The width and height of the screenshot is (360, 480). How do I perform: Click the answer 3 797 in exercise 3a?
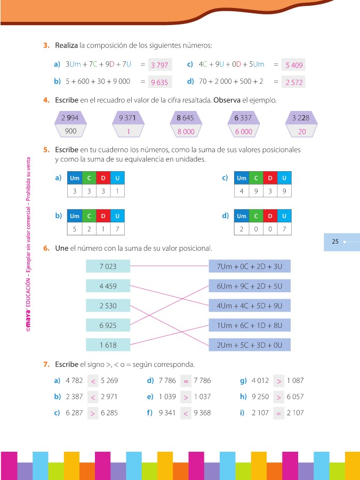tap(159, 65)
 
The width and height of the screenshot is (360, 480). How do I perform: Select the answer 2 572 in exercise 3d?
tap(294, 82)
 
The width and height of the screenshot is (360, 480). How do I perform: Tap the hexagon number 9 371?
tap(129, 118)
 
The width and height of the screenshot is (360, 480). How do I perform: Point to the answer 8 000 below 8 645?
tap(186, 131)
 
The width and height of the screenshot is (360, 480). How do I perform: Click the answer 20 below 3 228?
tap(302, 131)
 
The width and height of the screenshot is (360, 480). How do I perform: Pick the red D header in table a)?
tap(103, 178)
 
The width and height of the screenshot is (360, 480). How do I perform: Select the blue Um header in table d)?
tap(242, 216)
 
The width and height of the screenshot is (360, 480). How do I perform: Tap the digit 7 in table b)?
tap(117, 229)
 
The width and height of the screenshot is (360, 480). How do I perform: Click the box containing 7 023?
tap(108, 266)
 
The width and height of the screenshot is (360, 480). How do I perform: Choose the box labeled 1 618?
tap(108, 345)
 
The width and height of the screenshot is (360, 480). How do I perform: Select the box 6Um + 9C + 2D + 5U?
tap(250, 286)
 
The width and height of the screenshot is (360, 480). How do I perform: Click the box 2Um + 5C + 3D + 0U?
tap(250, 345)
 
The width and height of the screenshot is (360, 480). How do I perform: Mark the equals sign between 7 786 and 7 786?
tap(186, 381)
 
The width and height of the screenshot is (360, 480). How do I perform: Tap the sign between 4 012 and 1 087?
tap(279, 381)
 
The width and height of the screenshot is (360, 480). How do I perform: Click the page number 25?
tap(335, 242)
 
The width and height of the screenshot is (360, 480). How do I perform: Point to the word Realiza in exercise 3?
tap(67, 45)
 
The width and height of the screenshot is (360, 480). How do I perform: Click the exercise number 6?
tap(46, 248)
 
